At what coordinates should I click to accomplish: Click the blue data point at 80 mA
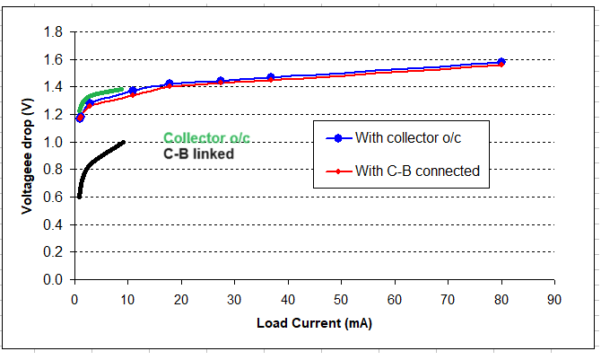pyautogui.click(x=501, y=62)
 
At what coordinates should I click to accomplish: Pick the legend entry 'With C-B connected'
pyautogui.click(x=416, y=171)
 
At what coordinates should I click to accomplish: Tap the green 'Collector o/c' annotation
pyautogui.click(x=207, y=138)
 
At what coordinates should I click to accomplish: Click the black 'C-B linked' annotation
pyautogui.click(x=198, y=154)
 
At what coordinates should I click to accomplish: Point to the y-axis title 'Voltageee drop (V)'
pyautogui.click(x=29, y=154)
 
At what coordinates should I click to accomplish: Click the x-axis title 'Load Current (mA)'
pyautogui.click(x=313, y=321)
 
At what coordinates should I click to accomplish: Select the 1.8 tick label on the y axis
pyautogui.click(x=52, y=32)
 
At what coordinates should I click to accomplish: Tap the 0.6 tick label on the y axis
pyautogui.click(x=52, y=198)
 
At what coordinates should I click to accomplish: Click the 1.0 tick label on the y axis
pyautogui.click(x=52, y=142)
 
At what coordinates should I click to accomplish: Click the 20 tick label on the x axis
pyautogui.click(x=181, y=297)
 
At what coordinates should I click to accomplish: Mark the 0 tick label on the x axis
pyautogui.click(x=74, y=297)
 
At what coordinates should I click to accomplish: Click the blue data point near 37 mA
pyautogui.click(x=271, y=77)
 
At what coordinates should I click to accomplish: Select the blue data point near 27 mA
pyautogui.click(x=221, y=81)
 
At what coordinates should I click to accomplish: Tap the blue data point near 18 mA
pyautogui.click(x=169, y=83)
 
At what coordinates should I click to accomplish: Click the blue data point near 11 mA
pyautogui.click(x=133, y=91)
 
